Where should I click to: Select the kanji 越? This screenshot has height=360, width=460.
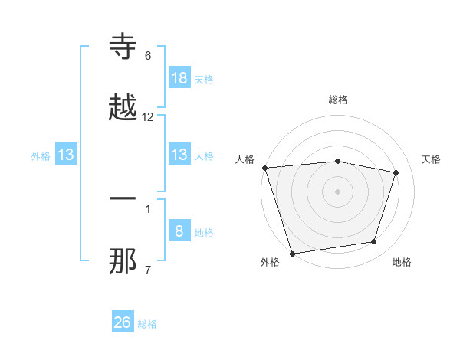pyautogui.click(x=123, y=107)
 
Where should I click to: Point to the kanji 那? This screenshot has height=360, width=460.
pyautogui.click(x=123, y=260)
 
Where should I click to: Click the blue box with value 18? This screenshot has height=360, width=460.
pyautogui.click(x=179, y=77)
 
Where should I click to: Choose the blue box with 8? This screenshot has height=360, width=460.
pyautogui.click(x=179, y=231)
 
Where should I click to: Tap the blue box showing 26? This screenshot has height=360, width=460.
pyautogui.click(x=123, y=322)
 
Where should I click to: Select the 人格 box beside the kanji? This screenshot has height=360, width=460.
pyautogui.click(x=179, y=155)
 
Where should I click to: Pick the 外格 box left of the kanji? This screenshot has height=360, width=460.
pyautogui.click(x=66, y=155)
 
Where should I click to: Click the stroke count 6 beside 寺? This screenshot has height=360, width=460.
pyautogui.click(x=148, y=56)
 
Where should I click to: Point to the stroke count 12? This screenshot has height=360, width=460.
pyautogui.click(x=148, y=117)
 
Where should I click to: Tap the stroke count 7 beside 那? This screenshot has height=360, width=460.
pyautogui.click(x=148, y=269)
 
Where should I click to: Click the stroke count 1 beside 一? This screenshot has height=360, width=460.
pyautogui.click(x=148, y=208)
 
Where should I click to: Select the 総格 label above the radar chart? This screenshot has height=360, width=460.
pyautogui.click(x=338, y=100)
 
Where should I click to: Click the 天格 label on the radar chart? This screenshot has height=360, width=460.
pyautogui.click(x=432, y=159)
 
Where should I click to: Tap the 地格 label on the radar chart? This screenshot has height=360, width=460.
pyautogui.click(x=402, y=263)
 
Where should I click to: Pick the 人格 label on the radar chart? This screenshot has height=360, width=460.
pyautogui.click(x=245, y=159)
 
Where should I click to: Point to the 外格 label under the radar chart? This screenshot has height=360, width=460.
pyautogui.click(x=270, y=263)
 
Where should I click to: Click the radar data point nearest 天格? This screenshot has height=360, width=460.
pyautogui.click(x=396, y=172)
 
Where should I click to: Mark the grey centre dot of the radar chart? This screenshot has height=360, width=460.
pyautogui.click(x=338, y=191)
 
